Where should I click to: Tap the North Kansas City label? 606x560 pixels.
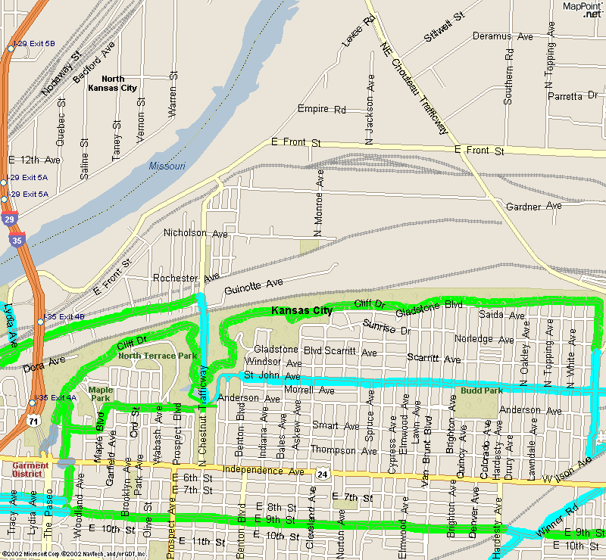(114, 83)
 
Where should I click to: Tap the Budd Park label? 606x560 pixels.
(481, 391)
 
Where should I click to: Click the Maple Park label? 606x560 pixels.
(101, 394)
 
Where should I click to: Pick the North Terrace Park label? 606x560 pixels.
(157, 356)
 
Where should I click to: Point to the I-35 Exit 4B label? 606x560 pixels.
(64, 316)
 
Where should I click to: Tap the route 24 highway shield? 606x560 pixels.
(323, 474)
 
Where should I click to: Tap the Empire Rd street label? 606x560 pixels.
(322, 110)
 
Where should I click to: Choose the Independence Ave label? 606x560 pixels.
(263, 471)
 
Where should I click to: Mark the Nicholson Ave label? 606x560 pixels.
(195, 233)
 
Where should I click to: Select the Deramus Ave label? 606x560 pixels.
(502, 36)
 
